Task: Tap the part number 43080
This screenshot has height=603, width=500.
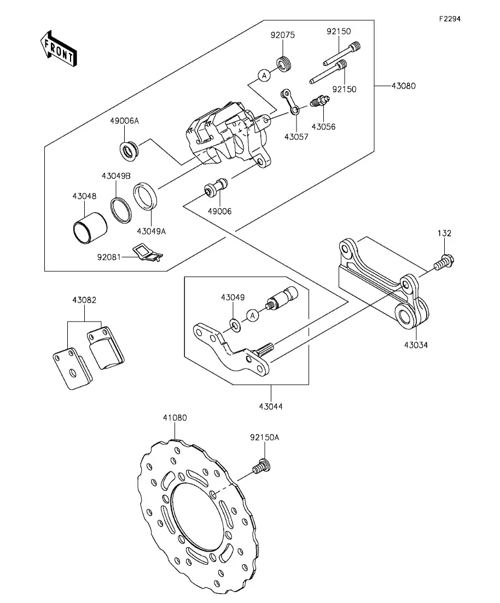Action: point(403,86)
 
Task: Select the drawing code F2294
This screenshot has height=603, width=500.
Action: point(449,19)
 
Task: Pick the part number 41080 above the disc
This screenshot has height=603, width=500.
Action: point(175,418)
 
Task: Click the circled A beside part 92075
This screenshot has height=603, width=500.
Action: point(264,76)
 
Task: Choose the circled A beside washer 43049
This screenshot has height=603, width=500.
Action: point(252,315)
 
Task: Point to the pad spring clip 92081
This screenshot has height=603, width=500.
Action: point(147,252)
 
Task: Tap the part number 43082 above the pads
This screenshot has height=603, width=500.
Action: point(84,300)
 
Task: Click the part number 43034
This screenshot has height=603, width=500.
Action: point(416,345)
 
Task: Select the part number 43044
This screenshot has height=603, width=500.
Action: point(271,406)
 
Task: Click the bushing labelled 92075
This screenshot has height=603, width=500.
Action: point(283,64)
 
